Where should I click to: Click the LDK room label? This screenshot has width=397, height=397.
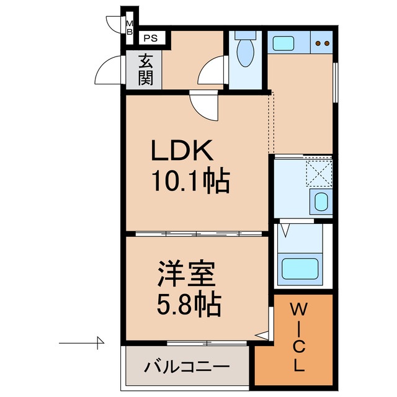pyautogui.click(x=183, y=151)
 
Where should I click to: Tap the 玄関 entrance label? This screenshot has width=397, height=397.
pyautogui.click(x=146, y=69)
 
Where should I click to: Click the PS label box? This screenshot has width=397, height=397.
pyautogui.click(x=151, y=38)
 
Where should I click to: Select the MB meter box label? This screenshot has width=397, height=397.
pyautogui.click(x=130, y=27)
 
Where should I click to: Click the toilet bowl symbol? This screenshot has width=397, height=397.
pyautogui.click(x=246, y=51)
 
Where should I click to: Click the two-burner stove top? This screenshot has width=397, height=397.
pyautogui.click(x=322, y=43)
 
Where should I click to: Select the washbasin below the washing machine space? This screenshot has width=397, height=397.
pyautogui.click(x=320, y=201)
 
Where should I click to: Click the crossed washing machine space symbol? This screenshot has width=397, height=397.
pyautogui.click(x=319, y=173)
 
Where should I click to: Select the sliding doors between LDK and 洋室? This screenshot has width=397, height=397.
pyautogui.click(x=197, y=234)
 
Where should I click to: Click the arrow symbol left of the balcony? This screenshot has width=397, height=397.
pyautogui.click(x=84, y=341)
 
